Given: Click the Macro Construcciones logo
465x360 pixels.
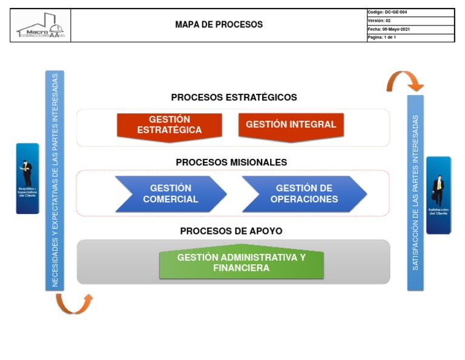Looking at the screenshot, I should (41, 25).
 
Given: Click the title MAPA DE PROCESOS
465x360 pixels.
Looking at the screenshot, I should (219, 25).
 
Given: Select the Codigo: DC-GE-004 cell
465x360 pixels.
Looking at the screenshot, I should (410, 12).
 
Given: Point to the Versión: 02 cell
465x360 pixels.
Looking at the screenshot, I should (410, 21).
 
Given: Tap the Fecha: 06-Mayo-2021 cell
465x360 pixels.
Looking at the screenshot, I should (410, 29).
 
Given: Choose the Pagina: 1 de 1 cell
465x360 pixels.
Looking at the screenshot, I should (410, 38).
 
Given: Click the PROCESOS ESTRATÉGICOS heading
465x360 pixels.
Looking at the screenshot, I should (234, 97).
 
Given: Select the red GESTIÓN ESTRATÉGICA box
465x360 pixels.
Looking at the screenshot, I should (170, 125).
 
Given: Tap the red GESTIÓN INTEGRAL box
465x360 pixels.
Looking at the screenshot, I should (291, 125).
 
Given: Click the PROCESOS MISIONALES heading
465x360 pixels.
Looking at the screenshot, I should (231, 162).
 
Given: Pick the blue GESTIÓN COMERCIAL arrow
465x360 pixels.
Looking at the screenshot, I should (171, 194).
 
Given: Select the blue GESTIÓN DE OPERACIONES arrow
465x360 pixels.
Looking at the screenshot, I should (304, 194).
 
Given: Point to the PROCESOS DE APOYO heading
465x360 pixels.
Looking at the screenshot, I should (231, 231).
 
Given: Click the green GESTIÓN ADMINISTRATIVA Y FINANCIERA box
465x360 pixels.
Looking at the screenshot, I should (241, 263).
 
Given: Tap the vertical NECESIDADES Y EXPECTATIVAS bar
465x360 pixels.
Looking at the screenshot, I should (54, 180).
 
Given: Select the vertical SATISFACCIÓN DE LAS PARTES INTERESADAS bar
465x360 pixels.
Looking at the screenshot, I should (415, 192).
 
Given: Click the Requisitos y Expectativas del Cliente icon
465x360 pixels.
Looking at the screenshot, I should (27, 178).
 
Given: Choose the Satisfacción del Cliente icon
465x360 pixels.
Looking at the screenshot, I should (438, 195).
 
